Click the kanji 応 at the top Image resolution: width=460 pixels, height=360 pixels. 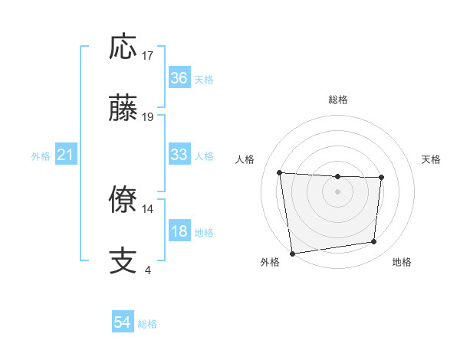(123, 47)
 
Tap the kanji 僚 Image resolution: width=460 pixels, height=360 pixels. (123, 200)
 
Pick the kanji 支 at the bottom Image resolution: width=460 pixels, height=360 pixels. (123, 260)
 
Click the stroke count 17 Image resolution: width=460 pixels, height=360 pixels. (148, 56)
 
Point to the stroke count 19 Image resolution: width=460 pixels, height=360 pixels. (148, 117)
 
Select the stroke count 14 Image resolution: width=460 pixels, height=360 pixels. (148, 208)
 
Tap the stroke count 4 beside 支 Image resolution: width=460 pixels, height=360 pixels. (147, 270)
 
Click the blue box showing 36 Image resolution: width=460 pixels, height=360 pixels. (179, 78)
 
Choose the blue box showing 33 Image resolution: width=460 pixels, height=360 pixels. (179, 155)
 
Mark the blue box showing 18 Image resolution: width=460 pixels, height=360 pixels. (179, 231)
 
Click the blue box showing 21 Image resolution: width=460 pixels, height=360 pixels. (66, 155)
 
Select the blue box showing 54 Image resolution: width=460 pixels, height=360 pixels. (122, 323)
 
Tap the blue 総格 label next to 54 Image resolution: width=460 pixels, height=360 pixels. (147, 324)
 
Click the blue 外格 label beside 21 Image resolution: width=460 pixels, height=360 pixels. (41, 156)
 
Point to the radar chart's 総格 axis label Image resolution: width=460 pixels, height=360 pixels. (338, 100)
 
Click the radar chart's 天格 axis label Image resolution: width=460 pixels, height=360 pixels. (432, 159)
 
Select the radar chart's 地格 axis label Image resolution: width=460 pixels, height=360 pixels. (402, 262)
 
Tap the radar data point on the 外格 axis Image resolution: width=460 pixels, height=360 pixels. (292, 253)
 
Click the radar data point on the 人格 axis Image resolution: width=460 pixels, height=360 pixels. (280, 172)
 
